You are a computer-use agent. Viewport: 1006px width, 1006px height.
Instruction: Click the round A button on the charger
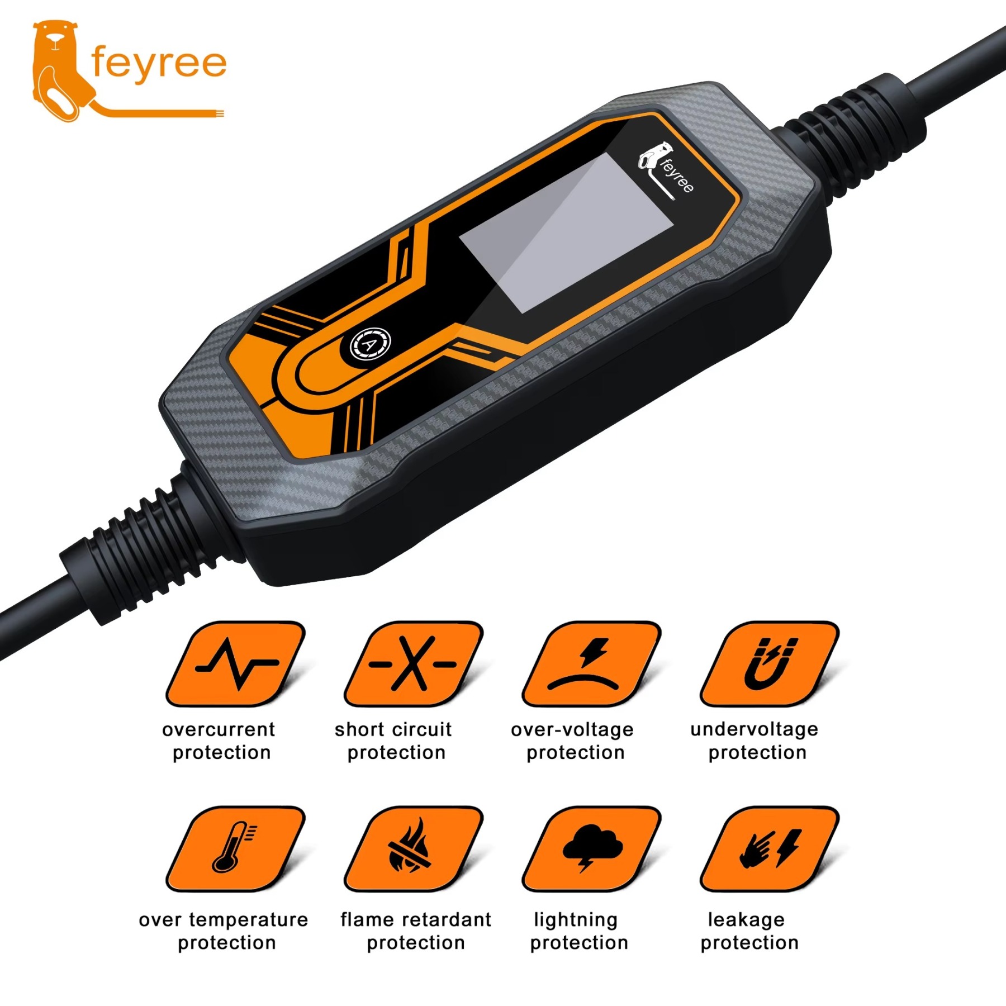370,344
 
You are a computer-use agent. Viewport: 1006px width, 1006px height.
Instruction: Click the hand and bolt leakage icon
770,848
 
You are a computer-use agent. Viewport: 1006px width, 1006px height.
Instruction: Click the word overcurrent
219,729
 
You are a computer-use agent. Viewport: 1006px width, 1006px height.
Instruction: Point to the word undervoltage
754,729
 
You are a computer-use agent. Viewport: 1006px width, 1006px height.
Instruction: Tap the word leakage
746,919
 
